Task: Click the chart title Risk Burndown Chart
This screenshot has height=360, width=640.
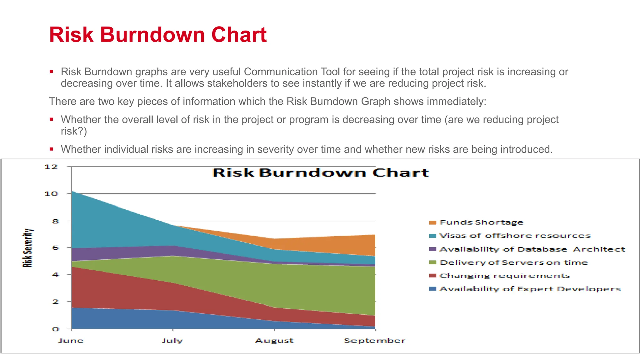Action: click(321, 173)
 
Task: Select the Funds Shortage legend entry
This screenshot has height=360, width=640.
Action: click(481, 222)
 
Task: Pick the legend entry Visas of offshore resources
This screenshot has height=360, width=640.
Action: click(515, 236)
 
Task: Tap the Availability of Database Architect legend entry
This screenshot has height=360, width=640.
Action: click(532, 249)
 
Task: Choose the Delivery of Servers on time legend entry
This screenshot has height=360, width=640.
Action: click(513, 262)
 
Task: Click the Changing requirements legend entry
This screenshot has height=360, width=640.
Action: click(504, 276)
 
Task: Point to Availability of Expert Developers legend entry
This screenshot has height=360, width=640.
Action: click(530, 289)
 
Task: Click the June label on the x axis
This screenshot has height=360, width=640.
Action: click(71, 341)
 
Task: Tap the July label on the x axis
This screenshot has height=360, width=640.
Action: click(172, 341)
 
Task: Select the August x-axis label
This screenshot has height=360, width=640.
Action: click(274, 341)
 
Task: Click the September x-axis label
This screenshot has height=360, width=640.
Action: click(375, 341)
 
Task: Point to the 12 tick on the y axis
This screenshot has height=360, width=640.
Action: click(51, 167)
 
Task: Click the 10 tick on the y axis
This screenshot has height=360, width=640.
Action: click(51, 194)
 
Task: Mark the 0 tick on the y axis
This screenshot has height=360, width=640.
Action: click(55, 329)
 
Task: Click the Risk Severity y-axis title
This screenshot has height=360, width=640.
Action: click(27, 248)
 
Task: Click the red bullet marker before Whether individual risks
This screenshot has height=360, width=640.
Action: click(51, 149)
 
